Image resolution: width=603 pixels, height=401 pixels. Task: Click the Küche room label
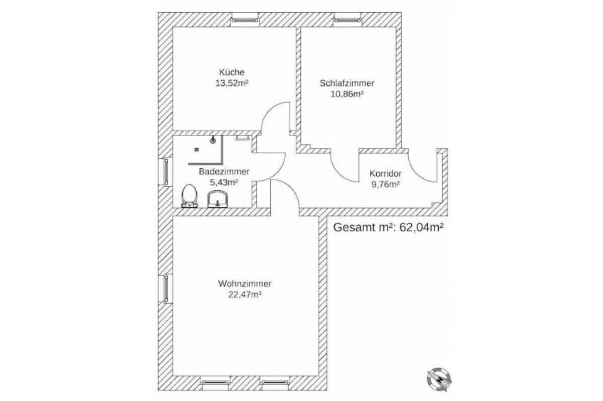232,72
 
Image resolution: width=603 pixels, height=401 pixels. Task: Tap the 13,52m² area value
232,83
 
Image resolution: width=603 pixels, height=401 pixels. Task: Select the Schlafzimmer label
347,83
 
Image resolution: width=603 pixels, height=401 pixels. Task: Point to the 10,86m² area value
347,94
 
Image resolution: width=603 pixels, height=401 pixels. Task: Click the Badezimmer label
224,172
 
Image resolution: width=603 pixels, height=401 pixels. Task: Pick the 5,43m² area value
224,182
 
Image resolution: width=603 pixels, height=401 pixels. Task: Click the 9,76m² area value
385,185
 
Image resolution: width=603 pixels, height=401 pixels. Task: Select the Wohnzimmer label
245,284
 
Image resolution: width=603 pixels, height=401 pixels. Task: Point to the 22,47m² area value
245,295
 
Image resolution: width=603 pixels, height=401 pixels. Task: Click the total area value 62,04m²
422,227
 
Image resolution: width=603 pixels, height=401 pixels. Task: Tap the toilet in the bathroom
189,196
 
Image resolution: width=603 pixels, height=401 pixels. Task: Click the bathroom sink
218,199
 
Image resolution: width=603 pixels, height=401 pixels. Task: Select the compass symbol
439,379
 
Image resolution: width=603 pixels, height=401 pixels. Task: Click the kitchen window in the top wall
245,19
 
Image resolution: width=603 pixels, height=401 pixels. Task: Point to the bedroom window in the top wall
347,19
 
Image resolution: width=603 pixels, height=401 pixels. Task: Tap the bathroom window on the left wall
166,171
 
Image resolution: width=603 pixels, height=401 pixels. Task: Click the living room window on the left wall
166,289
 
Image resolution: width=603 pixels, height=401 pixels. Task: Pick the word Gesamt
353,227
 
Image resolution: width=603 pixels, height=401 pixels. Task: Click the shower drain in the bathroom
213,141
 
